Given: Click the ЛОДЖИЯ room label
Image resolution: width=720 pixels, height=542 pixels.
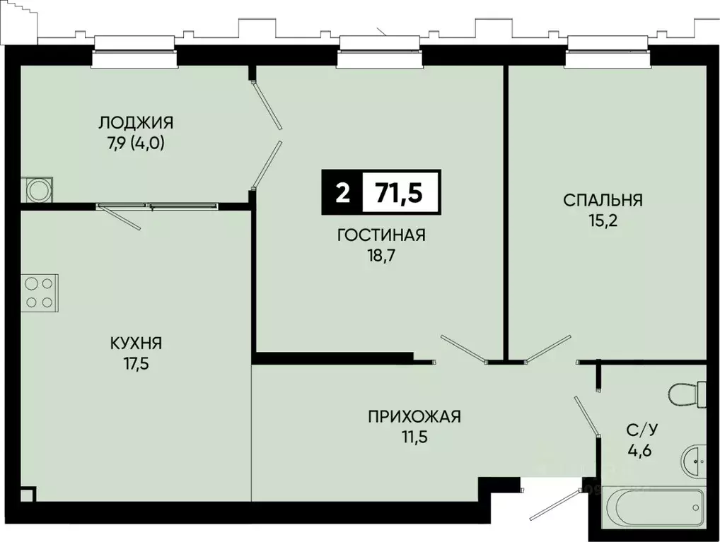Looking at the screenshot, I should (x=136, y=122).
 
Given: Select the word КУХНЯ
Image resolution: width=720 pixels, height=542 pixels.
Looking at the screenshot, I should (x=136, y=343).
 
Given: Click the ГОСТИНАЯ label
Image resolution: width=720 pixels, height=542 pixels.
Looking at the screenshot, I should (x=381, y=235).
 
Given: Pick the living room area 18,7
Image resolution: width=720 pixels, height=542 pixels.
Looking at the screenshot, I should (x=381, y=256).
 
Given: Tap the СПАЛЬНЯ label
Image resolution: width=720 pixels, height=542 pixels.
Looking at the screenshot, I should (x=603, y=200).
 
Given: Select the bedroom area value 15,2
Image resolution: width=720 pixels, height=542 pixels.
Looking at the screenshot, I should (x=603, y=220).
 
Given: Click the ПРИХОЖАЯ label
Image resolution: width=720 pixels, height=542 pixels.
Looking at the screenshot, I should (x=414, y=416).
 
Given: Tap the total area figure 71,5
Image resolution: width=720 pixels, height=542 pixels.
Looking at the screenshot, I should (x=399, y=192).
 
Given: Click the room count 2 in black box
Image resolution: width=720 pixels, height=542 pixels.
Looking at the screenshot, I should (x=342, y=192).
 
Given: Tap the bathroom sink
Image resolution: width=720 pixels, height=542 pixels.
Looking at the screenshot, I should (x=695, y=461).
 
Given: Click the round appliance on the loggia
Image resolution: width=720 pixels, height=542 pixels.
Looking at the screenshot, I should (x=37, y=189).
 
